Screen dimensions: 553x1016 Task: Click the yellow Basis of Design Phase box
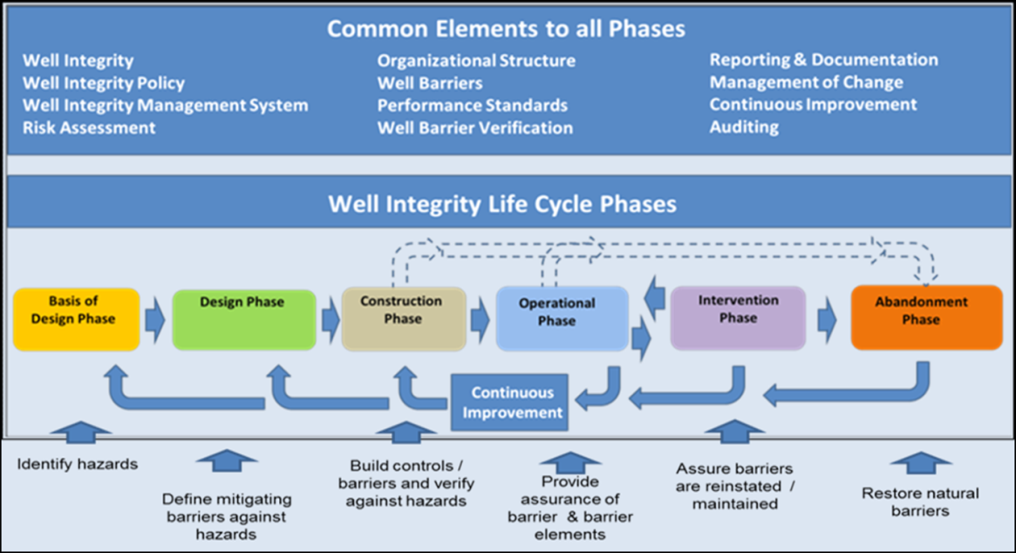[x=76, y=319]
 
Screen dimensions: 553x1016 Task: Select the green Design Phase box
[x=242, y=319]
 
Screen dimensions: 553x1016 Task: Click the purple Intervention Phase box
[x=738, y=317]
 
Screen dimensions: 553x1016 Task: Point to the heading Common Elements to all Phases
[x=506, y=28]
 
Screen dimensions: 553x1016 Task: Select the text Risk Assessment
[x=89, y=127]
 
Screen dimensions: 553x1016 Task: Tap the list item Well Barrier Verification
[x=474, y=128]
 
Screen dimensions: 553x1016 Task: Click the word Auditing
[x=744, y=126]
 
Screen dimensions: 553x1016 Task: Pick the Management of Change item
[x=806, y=82]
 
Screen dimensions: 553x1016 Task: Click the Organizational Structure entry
[x=476, y=60]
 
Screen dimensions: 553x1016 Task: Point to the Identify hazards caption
[x=78, y=464]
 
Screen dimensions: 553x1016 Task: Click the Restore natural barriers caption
[x=920, y=502]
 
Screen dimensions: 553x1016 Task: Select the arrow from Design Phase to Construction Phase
[x=331, y=319]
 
